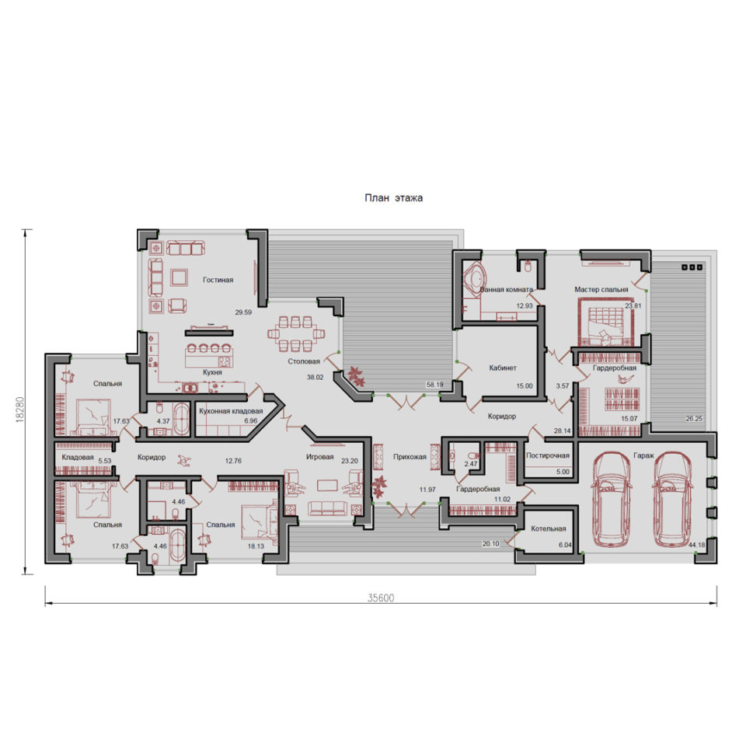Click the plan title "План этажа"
click(x=393, y=198)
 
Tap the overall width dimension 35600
click(x=381, y=598)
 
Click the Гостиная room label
click(x=218, y=280)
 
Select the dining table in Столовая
click(x=296, y=333)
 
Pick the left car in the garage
click(x=612, y=499)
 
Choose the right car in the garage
click(x=672, y=499)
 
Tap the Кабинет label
click(x=503, y=368)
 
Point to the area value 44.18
click(x=696, y=545)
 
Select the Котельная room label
click(x=549, y=528)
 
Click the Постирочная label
click(x=548, y=455)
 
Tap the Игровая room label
click(x=319, y=457)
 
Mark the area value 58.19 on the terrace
click(x=435, y=385)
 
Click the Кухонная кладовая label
click(x=231, y=410)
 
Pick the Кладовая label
click(x=78, y=457)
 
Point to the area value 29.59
click(x=243, y=312)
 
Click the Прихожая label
click(x=410, y=457)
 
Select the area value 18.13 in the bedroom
click(x=256, y=546)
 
